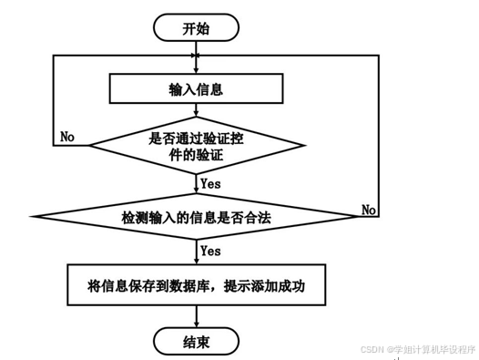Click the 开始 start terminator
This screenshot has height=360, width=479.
click(x=196, y=28)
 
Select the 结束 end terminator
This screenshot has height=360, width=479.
click(x=196, y=342)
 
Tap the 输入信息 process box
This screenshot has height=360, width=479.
click(x=196, y=89)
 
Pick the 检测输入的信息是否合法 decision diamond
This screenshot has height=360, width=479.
click(x=197, y=218)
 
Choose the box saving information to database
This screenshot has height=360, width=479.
click(x=196, y=286)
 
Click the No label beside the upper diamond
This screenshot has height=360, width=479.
click(x=67, y=137)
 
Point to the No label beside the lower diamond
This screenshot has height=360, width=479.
click(x=368, y=210)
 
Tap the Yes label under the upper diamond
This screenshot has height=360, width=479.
click(x=210, y=184)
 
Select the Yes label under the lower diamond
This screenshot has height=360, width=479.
click(x=210, y=251)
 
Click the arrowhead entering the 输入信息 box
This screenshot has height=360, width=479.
click(x=196, y=69)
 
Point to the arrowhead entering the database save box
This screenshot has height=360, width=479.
click(x=196, y=261)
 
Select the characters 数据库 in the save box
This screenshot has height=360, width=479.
click(x=194, y=286)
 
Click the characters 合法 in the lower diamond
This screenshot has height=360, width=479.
click(x=260, y=218)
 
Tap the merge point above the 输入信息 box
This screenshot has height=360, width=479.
click(x=196, y=56)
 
